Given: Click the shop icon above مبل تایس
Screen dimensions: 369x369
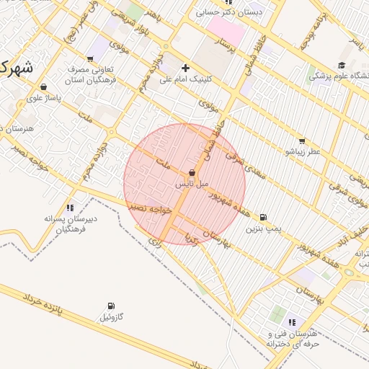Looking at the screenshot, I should coord(192,173).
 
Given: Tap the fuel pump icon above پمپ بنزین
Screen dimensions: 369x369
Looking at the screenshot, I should coord(263,217).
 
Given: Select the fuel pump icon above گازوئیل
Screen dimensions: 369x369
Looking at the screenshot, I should coord(110,306).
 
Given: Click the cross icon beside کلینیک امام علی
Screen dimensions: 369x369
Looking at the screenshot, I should coord(185,68).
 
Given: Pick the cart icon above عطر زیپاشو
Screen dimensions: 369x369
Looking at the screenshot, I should coord(301,141).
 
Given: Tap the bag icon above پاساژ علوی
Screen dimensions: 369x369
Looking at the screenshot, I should coord(43,85).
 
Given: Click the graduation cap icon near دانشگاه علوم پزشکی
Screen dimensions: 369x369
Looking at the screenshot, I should coord(341,65).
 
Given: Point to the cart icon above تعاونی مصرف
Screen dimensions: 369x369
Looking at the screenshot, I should coord(90,59).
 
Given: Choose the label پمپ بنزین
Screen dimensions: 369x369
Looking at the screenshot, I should coord(262,228).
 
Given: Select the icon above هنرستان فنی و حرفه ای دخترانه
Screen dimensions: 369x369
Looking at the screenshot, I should coord(292,322).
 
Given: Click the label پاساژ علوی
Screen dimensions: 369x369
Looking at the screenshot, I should coord(44,96).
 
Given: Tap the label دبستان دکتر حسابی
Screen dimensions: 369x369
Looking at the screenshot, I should coord(234,12).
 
